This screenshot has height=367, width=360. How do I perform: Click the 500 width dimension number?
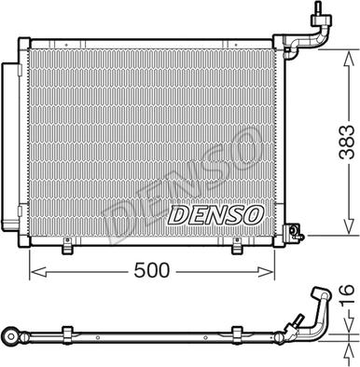point(152,270)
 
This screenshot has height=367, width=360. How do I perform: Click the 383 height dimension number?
point(347,143)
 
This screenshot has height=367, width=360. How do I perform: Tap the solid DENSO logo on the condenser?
point(215,215)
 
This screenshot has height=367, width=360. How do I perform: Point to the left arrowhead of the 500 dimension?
point(38,272)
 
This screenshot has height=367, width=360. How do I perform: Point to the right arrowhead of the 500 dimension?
point(266,272)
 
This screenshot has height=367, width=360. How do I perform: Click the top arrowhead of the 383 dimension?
point(349,58)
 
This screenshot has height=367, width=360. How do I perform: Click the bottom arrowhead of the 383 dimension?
point(349,226)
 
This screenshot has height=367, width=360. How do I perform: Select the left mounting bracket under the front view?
point(67,246)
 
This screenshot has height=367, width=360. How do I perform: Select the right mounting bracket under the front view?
point(237,246)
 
